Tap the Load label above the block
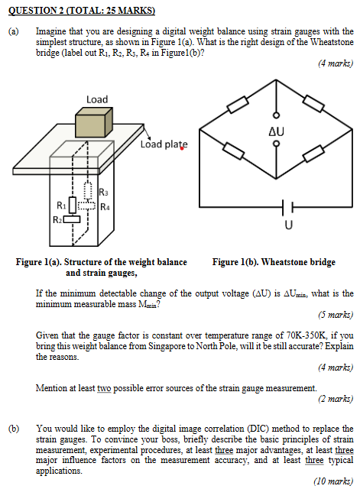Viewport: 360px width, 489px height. pyautogui.click(x=97, y=99)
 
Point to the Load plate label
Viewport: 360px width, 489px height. pyautogui.click(x=164, y=144)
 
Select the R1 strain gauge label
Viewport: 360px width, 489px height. pyautogui.click(x=61, y=204)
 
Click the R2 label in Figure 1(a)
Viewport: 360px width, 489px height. pyautogui.click(x=57, y=220)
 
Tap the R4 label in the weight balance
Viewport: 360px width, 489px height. pyautogui.click(x=106, y=205)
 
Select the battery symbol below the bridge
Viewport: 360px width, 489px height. pyautogui.click(x=287, y=209)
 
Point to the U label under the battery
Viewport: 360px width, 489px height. pyautogui.click(x=287, y=225)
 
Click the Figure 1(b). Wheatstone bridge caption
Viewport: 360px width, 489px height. pyautogui.click(x=274, y=262)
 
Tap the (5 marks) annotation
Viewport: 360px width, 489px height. pyautogui.click(x=336, y=314)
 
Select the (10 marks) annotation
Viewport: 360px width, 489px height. pyautogui.click(x=334, y=481)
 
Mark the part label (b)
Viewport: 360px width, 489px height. pyautogui.click(x=13, y=429)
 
